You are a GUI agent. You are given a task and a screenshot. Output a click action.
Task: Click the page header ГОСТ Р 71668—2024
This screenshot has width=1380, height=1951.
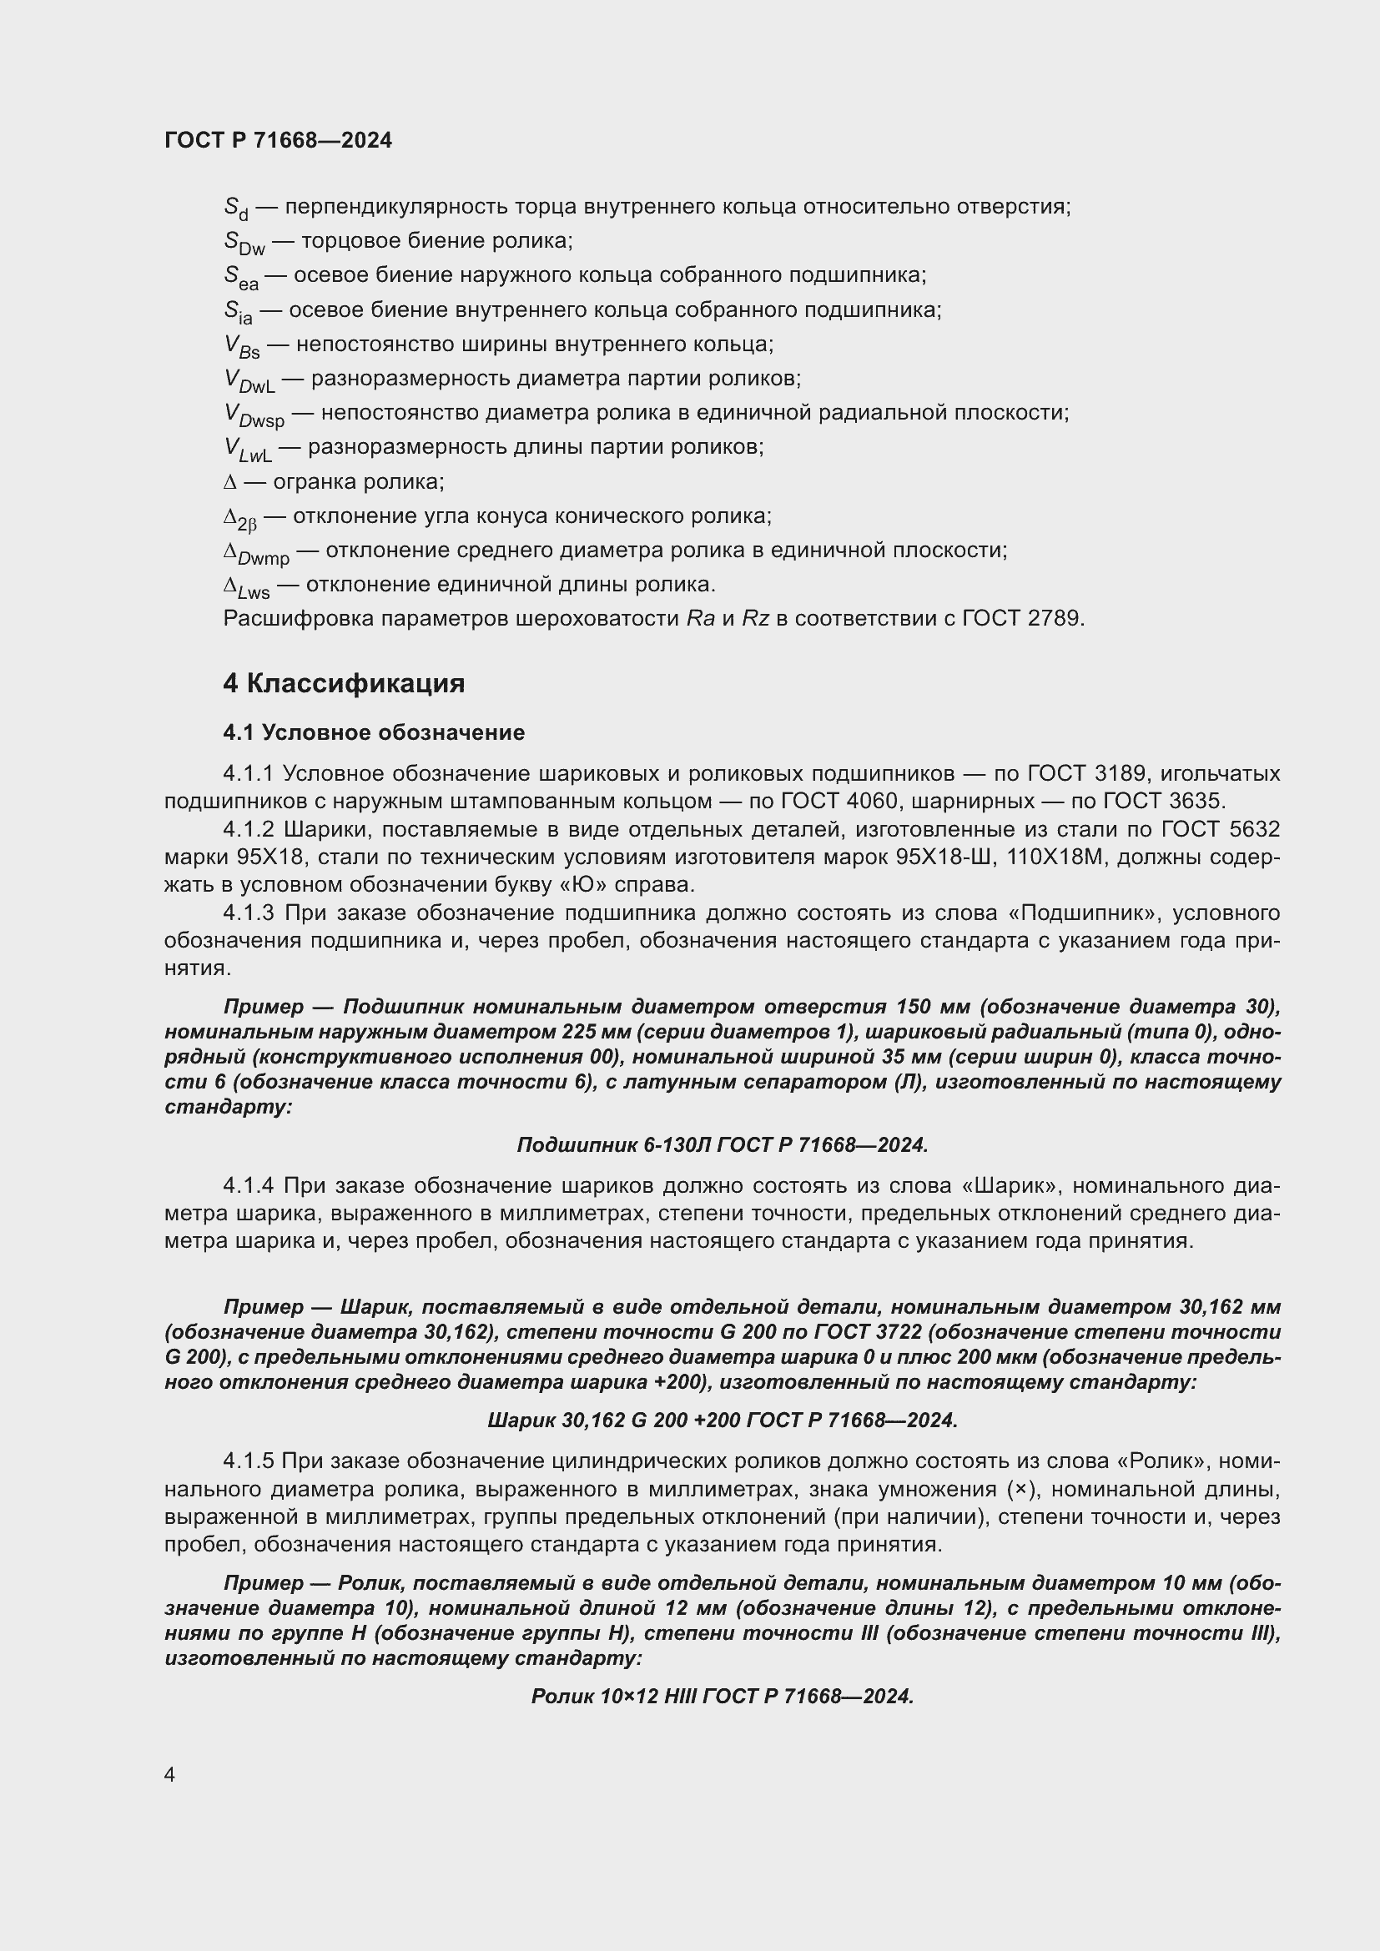278,141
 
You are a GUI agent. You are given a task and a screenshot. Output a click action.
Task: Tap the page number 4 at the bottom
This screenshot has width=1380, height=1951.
170,1775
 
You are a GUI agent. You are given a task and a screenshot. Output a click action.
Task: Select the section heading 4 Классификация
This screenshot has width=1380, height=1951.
343,684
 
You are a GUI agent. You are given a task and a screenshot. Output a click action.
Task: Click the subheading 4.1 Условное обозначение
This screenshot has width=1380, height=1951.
374,732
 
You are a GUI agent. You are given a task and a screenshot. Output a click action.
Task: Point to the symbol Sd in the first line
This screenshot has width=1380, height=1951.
235,209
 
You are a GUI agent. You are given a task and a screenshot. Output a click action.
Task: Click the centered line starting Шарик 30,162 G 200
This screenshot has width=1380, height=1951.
723,1420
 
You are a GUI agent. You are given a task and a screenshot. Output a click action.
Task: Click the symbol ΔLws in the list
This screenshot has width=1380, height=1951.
246,586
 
